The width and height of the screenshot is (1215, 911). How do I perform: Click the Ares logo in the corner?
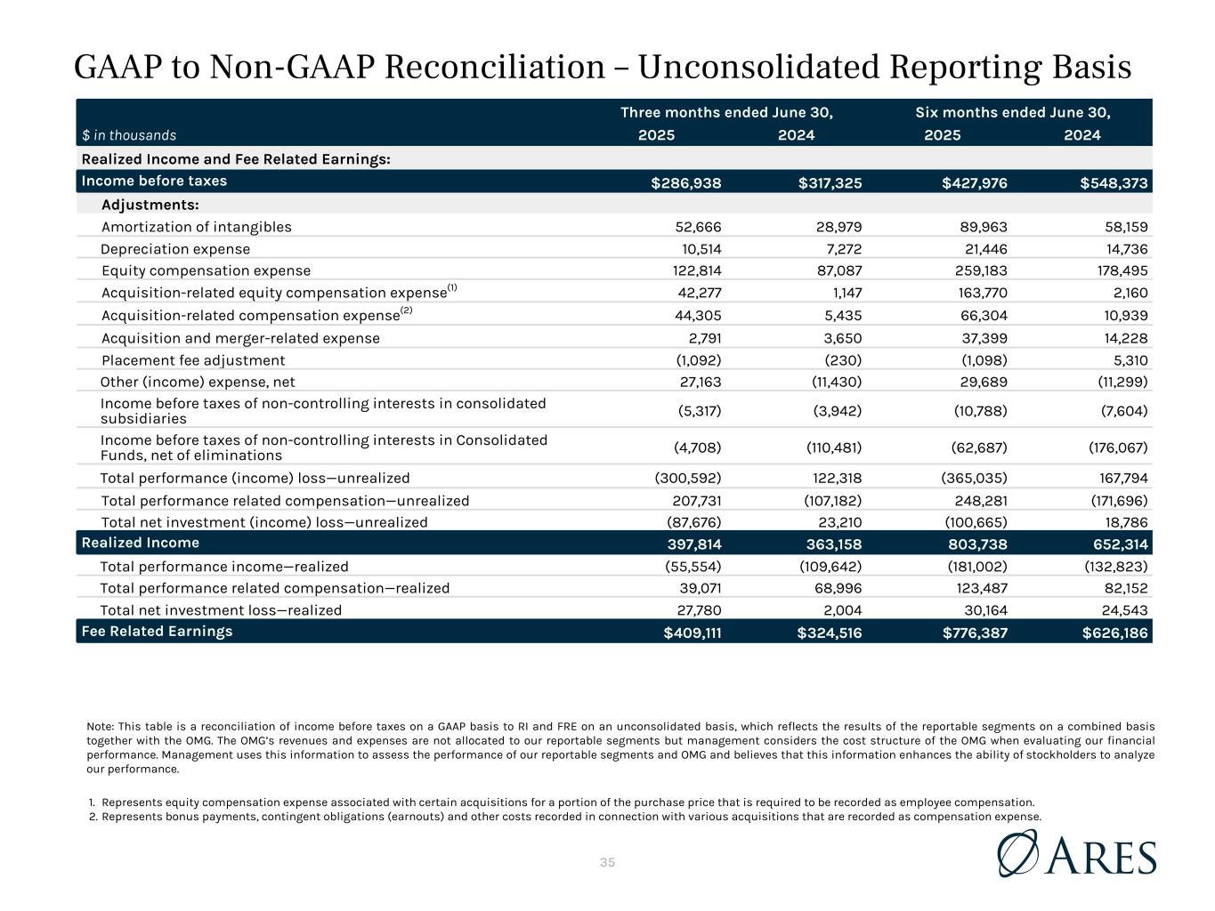click(1077, 854)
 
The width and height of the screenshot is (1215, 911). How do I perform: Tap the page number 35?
click(608, 862)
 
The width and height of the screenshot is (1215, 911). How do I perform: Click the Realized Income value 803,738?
click(976, 544)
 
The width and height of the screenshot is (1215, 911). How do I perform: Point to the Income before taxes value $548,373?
click(1114, 183)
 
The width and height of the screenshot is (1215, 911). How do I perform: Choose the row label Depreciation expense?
click(175, 249)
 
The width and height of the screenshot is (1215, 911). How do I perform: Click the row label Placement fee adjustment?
click(193, 360)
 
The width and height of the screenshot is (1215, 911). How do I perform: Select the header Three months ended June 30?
click(726, 112)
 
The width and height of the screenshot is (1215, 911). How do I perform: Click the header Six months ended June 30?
click(1013, 112)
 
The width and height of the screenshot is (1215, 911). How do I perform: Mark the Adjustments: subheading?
click(150, 206)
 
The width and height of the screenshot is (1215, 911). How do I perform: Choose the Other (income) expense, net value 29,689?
click(981, 383)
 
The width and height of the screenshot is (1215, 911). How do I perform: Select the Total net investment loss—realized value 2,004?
click(843, 610)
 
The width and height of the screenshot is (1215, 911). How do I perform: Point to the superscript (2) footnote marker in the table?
click(407, 310)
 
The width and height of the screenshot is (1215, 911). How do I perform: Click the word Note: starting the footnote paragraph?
click(101, 726)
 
